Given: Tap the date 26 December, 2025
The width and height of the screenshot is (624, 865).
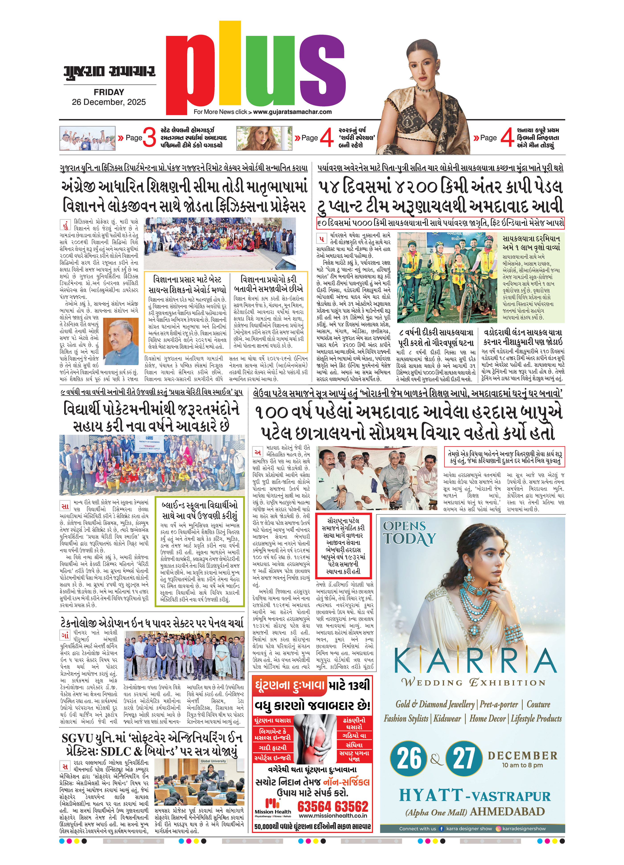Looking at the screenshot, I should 109,102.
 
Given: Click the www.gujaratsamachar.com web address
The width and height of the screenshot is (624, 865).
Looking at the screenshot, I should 292,112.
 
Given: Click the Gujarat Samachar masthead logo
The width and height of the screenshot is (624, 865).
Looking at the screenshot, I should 109,71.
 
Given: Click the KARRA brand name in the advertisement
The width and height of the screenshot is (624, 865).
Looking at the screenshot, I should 474,661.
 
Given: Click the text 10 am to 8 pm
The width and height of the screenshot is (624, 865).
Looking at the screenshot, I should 522,765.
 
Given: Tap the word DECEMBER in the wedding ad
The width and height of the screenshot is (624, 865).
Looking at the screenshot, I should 522,755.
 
